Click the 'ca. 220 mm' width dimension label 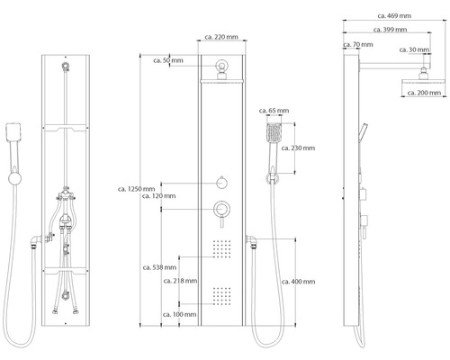pos(220,38)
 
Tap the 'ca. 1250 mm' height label pos(138,188)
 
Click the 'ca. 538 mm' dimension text pos(158,267)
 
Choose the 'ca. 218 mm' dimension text pos(179,282)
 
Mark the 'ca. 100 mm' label pos(179,313)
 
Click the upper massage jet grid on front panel pos(220,247)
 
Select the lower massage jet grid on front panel pos(220,292)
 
